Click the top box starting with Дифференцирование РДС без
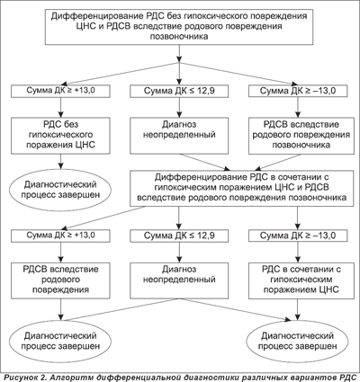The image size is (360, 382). tap(179, 28)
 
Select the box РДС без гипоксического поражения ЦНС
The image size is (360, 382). tap(61, 136)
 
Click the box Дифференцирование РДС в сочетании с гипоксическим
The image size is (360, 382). tap(242, 189)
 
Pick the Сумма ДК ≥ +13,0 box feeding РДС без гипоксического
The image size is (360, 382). tap(61, 91)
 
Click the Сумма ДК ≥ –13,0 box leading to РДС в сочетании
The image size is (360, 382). tap(298, 235)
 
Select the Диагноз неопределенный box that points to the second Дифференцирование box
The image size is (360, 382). tap(179, 136)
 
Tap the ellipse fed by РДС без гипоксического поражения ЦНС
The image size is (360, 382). tap(61, 190)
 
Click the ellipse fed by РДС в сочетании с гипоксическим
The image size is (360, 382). tap(297, 341)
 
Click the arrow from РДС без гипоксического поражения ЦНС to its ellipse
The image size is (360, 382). tap(61, 162)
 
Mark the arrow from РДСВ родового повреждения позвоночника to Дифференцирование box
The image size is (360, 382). tap(278, 162)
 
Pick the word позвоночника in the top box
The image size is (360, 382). tap(179, 37)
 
